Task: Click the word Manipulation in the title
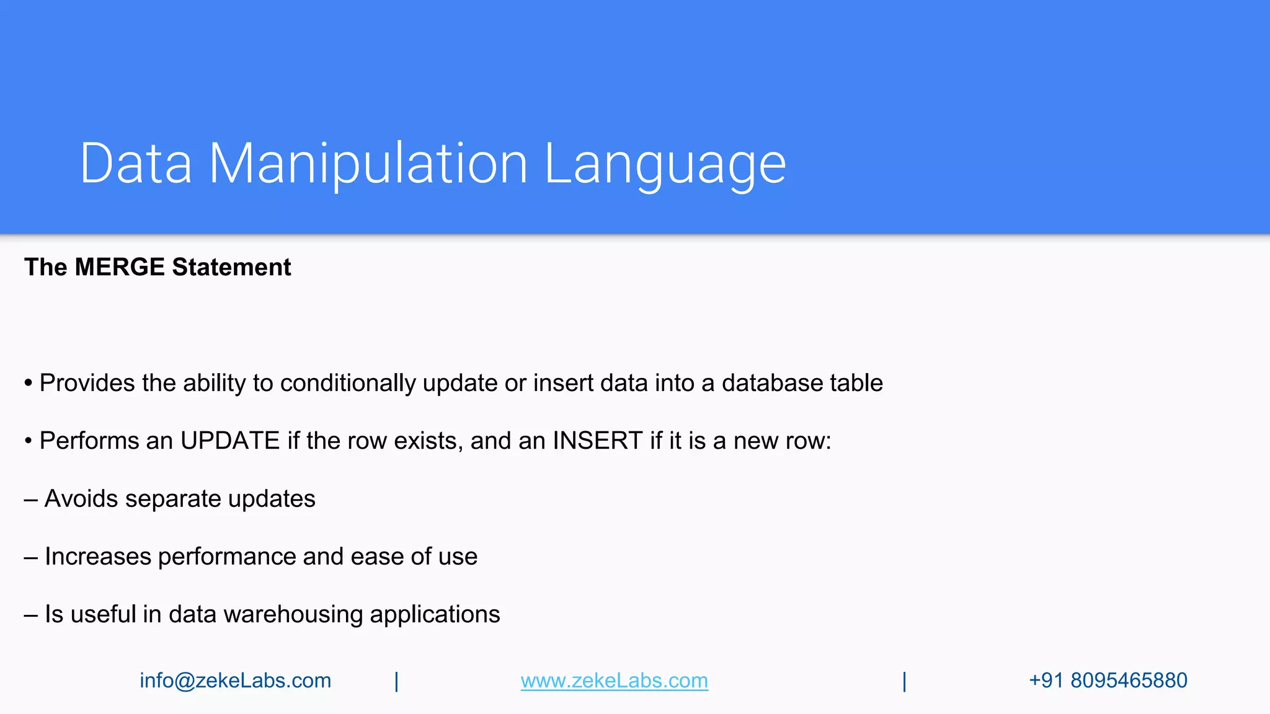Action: [368, 164]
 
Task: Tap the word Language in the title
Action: [665, 164]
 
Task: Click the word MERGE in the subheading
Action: [120, 267]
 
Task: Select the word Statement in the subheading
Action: [231, 267]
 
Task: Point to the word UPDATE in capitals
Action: [230, 441]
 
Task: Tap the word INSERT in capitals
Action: [597, 441]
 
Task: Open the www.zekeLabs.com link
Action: [614, 681]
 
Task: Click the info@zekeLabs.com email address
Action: [235, 681]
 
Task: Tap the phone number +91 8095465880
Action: [1108, 681]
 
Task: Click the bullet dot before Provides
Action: [29, 384]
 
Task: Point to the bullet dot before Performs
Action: [29, 441]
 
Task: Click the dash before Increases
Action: [31, 557]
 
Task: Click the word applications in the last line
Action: [435, 614]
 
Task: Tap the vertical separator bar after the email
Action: [397, 681]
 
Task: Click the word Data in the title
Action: [136, 164]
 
